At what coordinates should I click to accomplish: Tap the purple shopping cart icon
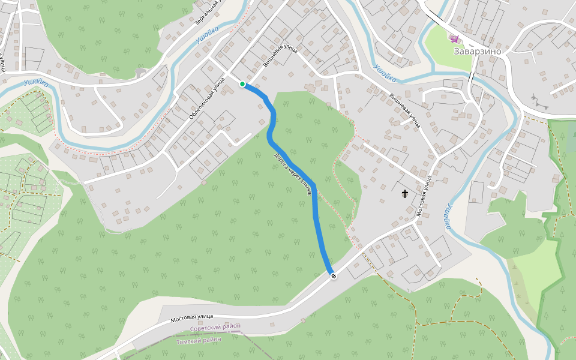click(455, 39)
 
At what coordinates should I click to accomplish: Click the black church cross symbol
click(405, 194)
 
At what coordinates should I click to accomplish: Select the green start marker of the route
click(242, 84)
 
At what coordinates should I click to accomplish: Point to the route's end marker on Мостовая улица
click(333, 275)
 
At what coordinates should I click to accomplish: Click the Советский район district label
click(215, 327)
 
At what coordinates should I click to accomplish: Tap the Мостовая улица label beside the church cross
click(424, 196)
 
